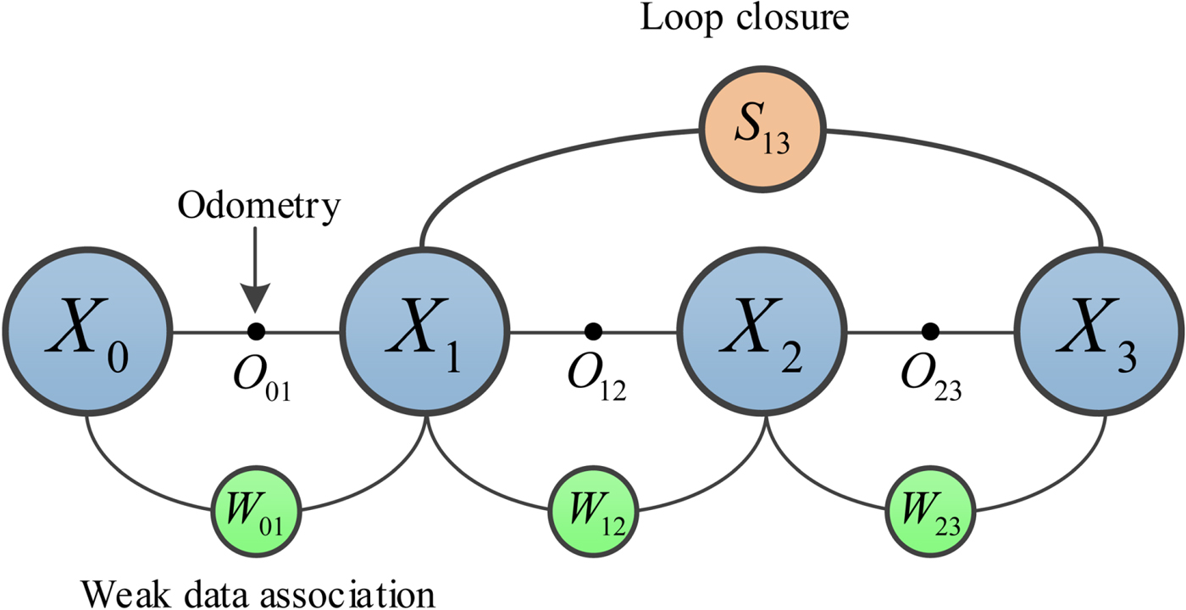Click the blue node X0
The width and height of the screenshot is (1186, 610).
point(86,331)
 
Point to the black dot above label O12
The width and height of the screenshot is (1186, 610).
point(593,330)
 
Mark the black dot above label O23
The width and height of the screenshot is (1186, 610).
point(931,330)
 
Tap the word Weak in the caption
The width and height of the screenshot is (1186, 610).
point(123,592)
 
